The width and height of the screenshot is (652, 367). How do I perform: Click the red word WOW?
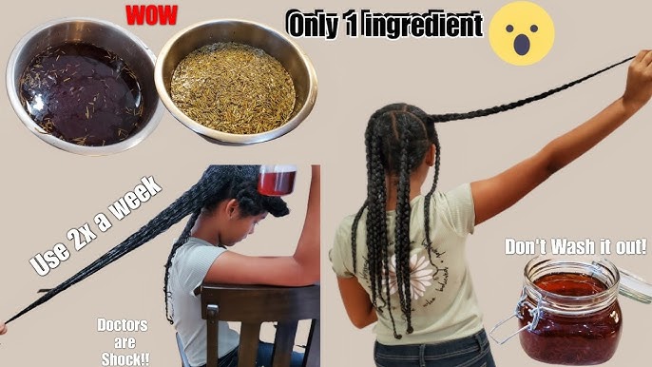[152, 15]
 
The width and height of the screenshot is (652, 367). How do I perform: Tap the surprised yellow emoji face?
[521, 33]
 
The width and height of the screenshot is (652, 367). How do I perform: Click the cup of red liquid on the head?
[277, 180]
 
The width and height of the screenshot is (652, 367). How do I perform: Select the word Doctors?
[123, 325]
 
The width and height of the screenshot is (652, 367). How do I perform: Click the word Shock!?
[125, 358]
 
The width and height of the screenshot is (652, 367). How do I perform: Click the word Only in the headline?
[313, 25]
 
